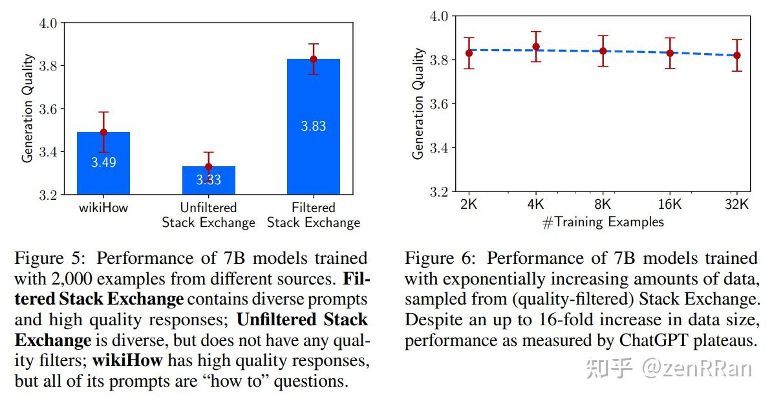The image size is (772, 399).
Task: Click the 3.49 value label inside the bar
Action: [x=103, y=162]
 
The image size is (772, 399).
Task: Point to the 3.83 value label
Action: [x=314, y=126]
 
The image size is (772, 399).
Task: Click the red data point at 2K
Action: [x=469, y=53]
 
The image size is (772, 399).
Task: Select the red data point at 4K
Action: [x=535, y=47]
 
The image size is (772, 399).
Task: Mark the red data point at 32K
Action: [x=737, y=56]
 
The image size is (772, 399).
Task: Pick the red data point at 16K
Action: [x=670, y=53]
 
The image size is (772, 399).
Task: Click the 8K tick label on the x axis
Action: [x=603, y=204]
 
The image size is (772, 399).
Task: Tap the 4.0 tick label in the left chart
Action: [x=49, y=23]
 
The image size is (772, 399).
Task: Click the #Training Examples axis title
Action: [x=603, y=222]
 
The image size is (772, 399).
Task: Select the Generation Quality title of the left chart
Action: [x=28, y=109]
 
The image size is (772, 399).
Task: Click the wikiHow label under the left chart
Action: [x=103, y=208]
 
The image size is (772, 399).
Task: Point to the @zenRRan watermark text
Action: [x=696, y=369]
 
